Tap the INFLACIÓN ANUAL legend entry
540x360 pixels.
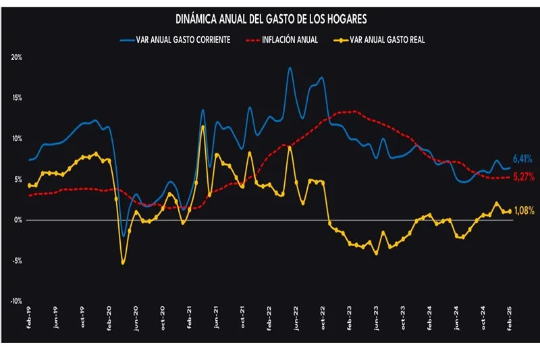tap(286, 40)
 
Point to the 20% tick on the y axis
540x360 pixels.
tap(17, 57)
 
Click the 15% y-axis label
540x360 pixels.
tap(17, 98)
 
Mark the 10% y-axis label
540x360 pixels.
tap(17, 138)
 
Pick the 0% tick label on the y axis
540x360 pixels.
tap(18, 220)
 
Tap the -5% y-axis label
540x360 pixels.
tap(17, 261)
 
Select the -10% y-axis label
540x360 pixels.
tap(16, 301)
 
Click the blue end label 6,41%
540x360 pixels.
tap(523, 159)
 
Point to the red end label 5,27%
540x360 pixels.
tap(524, 177)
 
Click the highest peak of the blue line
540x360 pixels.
tap(290, 68)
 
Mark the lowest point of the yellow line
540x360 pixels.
tap(123, 263)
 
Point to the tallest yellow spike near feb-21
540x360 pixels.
tap(203, 126)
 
